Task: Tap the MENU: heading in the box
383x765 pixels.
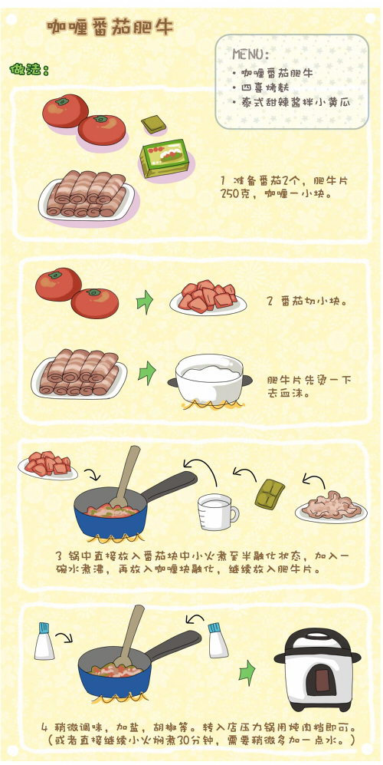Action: (x=250, y=54)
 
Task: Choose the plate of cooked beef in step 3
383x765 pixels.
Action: (x=330, y=507)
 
